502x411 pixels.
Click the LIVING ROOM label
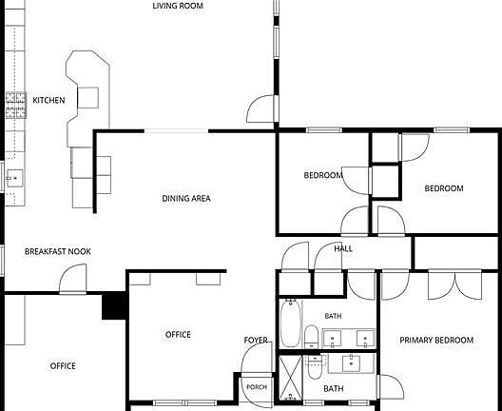point(178,6)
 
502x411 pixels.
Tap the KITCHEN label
point(48,100)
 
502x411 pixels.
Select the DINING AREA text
point(186,199)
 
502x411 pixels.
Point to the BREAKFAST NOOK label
point(58,251)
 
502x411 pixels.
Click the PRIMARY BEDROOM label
point(436,340)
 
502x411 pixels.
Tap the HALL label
point(343,248)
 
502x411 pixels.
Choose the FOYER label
point(256,340)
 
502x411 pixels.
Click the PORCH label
point(257,387)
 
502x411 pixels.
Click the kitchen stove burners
point(15,105)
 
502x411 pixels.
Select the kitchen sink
point(14,178)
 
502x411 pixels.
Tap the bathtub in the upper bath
point(291,323)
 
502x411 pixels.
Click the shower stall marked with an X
point(290,378)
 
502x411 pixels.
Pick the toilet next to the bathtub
point(311,337)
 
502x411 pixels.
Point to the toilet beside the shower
point(315,367)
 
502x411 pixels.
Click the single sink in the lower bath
point(351,363)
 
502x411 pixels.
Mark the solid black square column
point(114,305)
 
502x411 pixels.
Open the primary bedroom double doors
point(454,285)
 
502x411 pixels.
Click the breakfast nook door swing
point(73,279)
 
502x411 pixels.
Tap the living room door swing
point(261,108)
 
